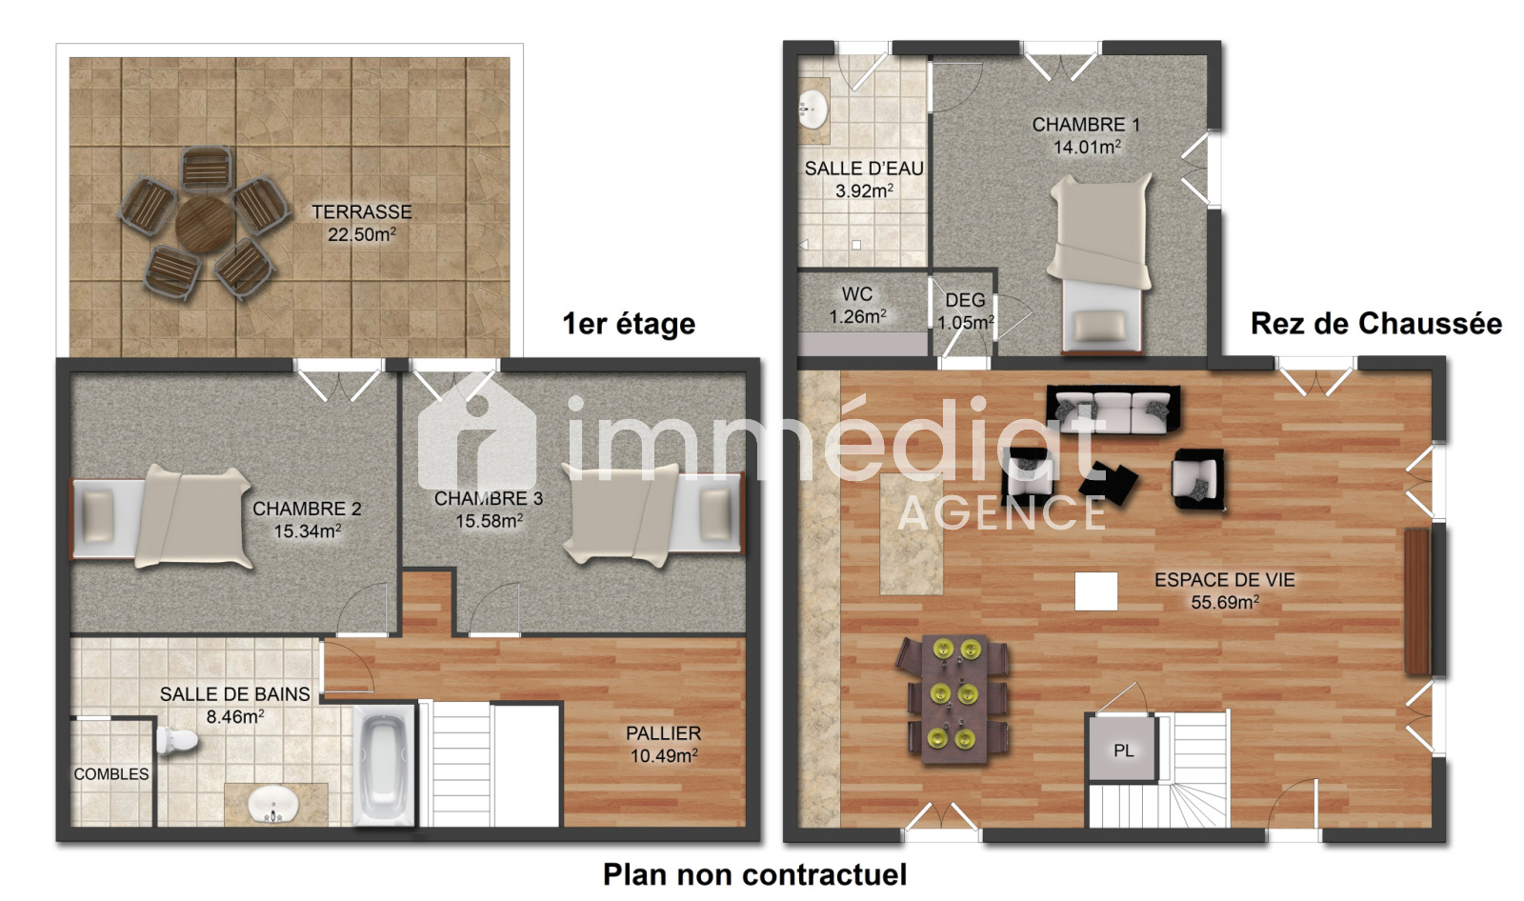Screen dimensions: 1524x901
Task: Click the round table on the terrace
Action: click(x=204, y=225)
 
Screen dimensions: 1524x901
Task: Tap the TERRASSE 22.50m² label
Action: click(x=362, y=223)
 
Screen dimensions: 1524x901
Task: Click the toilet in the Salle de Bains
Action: click(x=176, y=740)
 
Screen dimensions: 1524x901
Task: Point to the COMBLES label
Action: click(x=110, y=773)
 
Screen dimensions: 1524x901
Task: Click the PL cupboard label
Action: click(x=1123, y=751)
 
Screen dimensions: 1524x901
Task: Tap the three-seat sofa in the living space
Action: click(x=1113, y=410)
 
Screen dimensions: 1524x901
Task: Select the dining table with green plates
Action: click(x=952, y=699)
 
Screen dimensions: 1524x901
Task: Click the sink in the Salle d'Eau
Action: click(x=813, y=110)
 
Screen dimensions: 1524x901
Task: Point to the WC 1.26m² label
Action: click(x=857, y=306)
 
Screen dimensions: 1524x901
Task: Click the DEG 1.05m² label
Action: click(x=966, y=311)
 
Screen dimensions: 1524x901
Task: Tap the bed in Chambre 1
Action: click(x=1101, y=264)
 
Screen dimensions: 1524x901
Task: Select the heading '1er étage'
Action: click(x=629, y=324)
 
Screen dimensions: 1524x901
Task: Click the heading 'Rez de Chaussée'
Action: click(x=1375, y=323)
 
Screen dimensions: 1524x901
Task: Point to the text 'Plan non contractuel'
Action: click(x=754, y=874)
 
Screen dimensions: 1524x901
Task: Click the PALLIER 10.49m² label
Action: click(x=663, y=745)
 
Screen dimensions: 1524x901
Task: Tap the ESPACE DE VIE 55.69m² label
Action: click(x=1225, y=591)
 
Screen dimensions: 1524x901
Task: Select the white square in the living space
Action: click(x=1096, y=591)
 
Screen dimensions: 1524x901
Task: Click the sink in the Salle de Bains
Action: click(x=272, y=805)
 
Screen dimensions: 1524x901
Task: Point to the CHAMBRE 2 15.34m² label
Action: click(x=307, y=520)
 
